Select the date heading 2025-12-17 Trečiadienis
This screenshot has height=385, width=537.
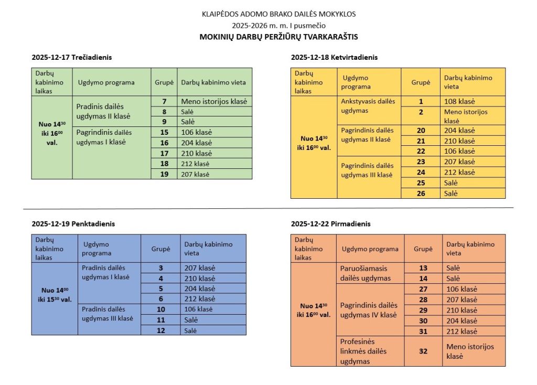72,57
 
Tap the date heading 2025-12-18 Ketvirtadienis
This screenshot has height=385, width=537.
334,57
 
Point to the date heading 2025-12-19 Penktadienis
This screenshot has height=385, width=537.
73,223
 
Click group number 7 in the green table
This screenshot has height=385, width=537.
164,101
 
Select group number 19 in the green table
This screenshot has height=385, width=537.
164,174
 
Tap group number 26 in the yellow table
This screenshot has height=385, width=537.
421,194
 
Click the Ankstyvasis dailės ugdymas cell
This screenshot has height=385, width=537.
368,106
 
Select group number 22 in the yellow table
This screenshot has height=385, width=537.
421,151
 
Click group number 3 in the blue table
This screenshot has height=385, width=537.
160,268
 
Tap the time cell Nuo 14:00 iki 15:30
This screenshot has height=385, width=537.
56,295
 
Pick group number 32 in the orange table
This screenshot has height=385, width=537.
423,351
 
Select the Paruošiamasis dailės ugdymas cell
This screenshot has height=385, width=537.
366,273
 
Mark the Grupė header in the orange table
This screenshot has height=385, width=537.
423,249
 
